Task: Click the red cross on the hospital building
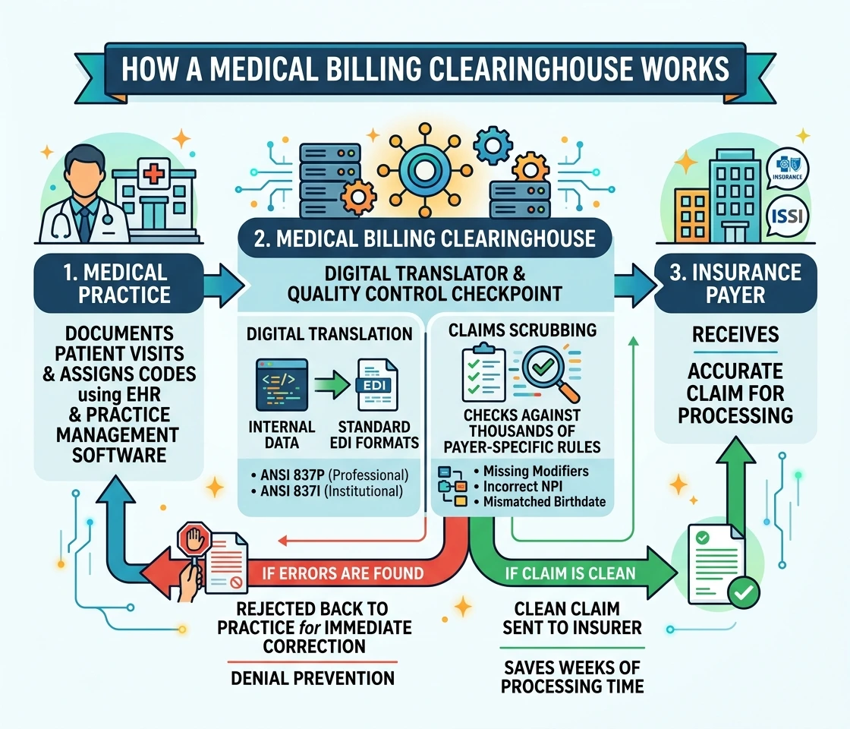click(x=153, y=174)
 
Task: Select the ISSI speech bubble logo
click(x=787, y=216)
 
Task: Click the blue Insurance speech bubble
click(x=787, y=168)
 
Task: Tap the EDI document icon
click(x=376, y=384)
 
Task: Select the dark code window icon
click(x=282, y=384)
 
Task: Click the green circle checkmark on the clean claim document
click(x=743, y=592)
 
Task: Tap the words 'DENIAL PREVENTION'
click(x=313, y=678)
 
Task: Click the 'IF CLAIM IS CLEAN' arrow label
click(x=570, y=573)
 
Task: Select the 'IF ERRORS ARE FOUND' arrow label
click(x=342, y=573)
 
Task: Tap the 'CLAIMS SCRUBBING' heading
click(x=523, y=330)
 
